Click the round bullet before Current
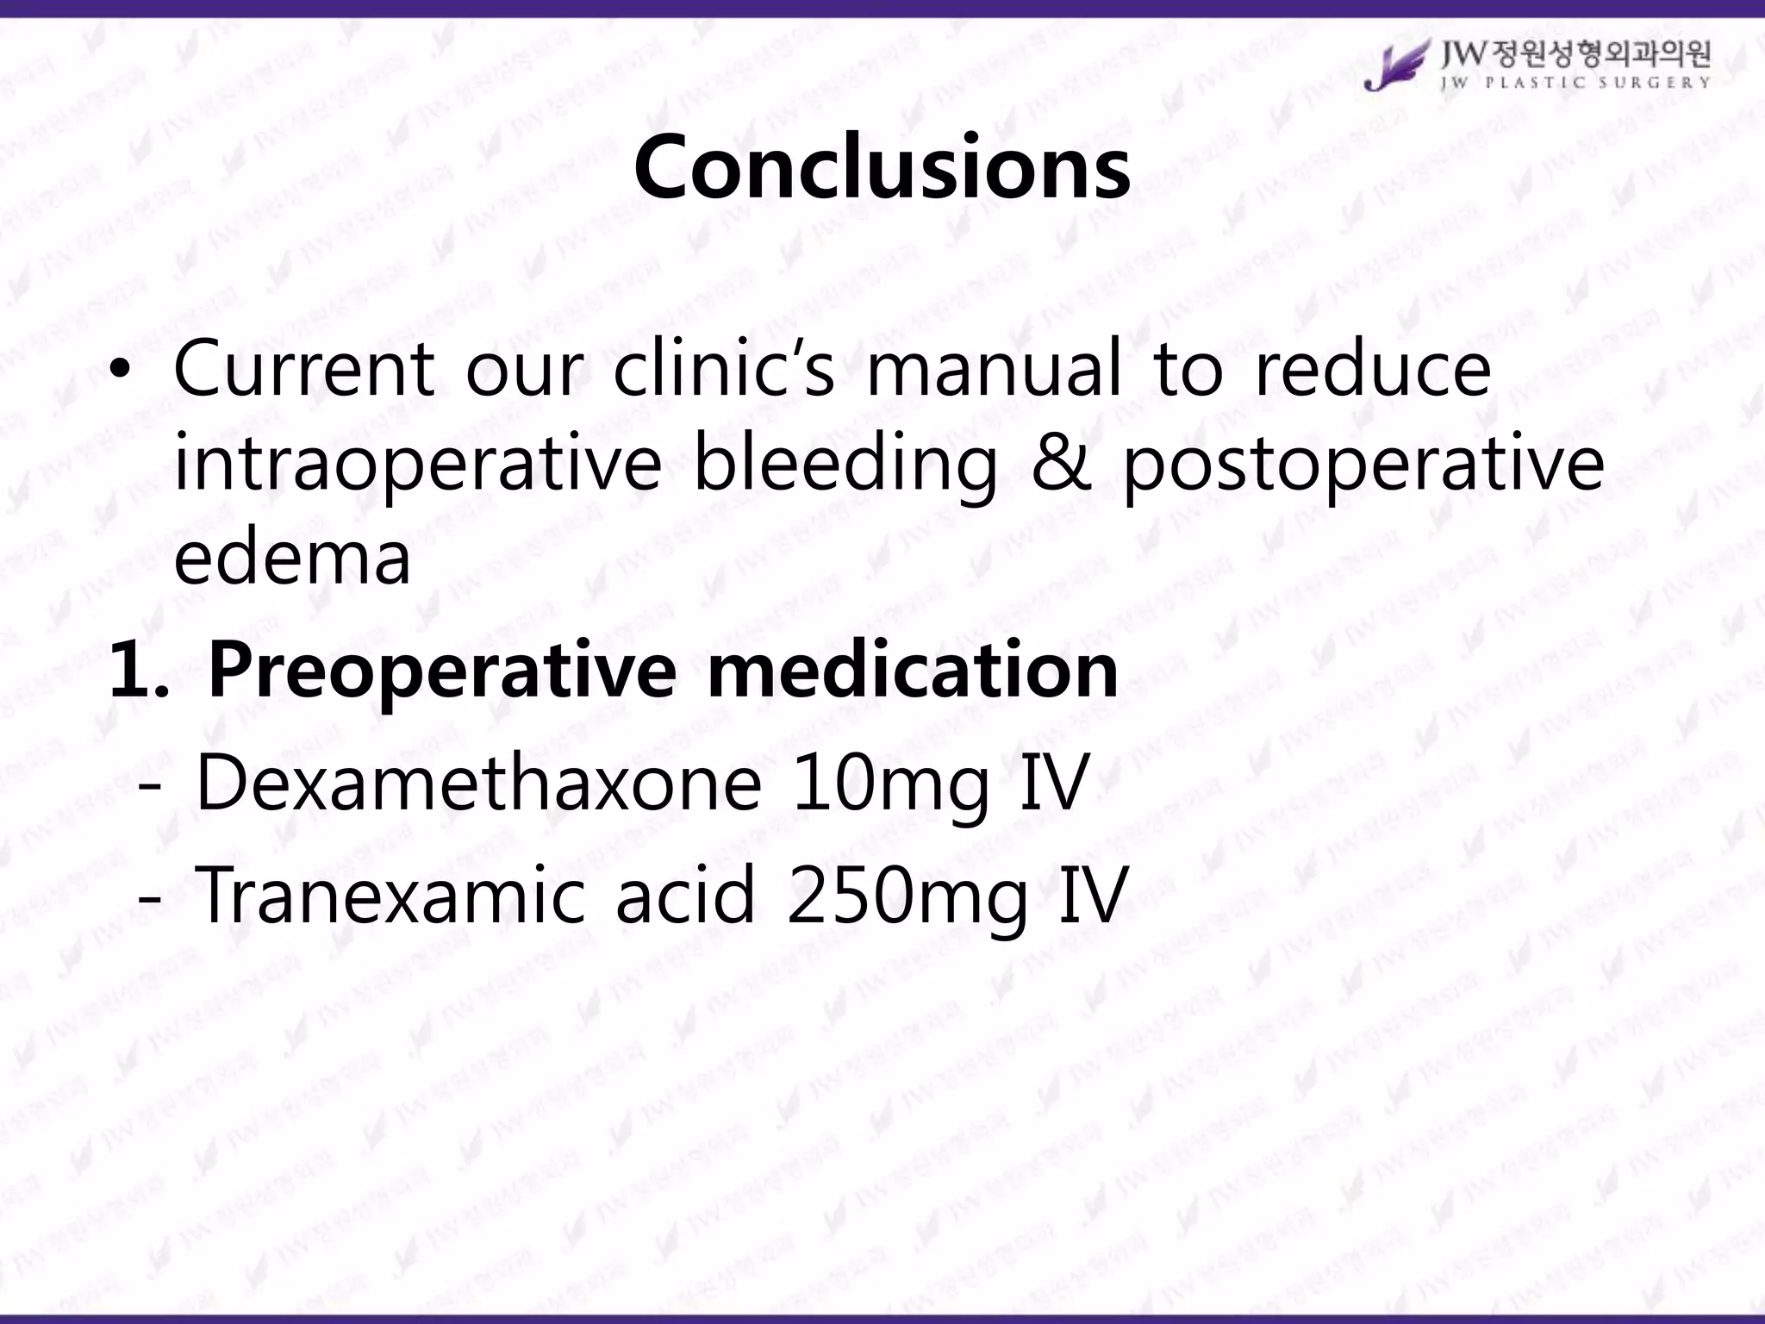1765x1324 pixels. tap(122, 371)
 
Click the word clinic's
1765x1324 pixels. tap(724, 369)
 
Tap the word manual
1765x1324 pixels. tap(994, 369)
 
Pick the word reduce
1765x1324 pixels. tap(1372, 369)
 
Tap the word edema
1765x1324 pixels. tap(292, 558)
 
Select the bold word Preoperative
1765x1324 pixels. tap(441, 670)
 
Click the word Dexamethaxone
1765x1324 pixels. tap(479, 783)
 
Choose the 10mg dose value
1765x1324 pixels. tap(889, 783)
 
